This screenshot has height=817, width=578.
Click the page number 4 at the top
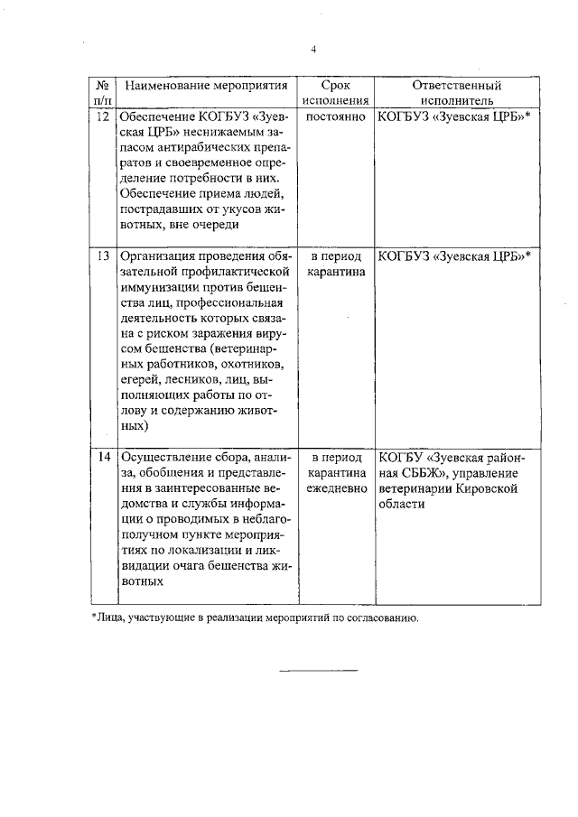tap(312, 50)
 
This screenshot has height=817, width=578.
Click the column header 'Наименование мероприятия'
tap(208, 86)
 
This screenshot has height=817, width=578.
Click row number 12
tap(103, 117)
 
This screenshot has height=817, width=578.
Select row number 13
tap(103, 255)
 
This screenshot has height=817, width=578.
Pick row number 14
tap(103, 457)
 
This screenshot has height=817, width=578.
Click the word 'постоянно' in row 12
tap(336, 117)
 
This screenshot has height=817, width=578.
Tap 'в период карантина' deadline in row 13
tap(336, 264)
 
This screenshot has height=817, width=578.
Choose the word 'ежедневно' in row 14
tap(336, 489)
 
